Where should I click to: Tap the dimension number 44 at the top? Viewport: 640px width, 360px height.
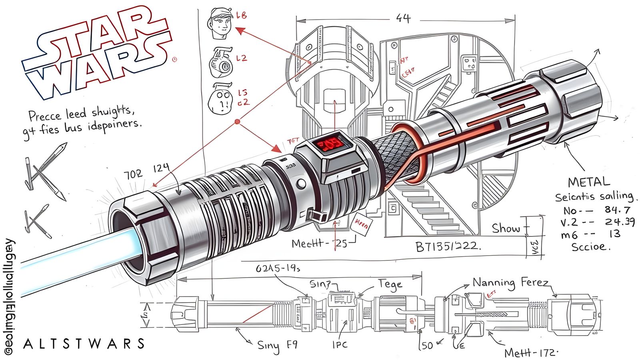click(x=403, y=18)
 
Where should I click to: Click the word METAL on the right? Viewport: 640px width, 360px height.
click(x=589, y=182)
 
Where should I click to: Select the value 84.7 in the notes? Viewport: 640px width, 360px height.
click(x=618, y=210)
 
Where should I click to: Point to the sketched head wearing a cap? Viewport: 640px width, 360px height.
click(x=221, y=23)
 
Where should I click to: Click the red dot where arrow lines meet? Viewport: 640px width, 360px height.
click(x=237, y=121)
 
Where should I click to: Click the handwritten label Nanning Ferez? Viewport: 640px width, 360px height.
click(x=510, y=283)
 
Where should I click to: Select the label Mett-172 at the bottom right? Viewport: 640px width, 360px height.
click(x=530, y=353)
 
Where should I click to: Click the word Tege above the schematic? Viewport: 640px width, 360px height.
click(x=390, y=284)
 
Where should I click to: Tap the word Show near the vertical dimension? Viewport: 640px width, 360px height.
click(x=506, y=228)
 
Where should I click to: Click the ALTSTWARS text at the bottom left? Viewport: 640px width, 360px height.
click(x=84, y=344)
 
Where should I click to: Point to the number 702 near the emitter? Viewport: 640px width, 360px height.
click(x=132, y=174)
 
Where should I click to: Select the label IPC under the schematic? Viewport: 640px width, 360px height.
click(x=340, y=344)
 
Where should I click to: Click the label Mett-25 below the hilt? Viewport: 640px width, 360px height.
click(x=319, y=243)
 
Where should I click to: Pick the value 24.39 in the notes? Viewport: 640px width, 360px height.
click(x=620, y=222)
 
